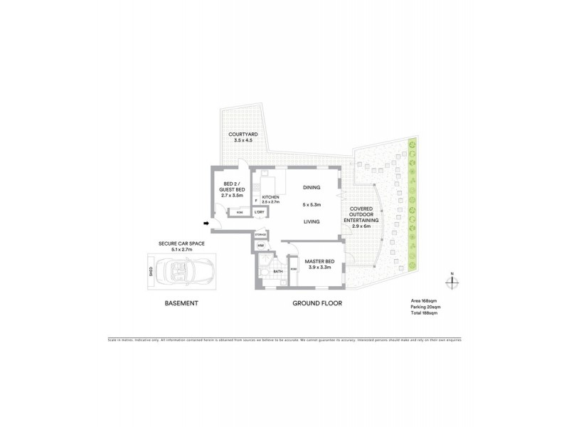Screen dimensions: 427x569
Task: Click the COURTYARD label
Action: pyautogui.click(x=243, y=135)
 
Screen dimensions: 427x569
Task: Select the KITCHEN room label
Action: pyautogui.click(x=271, y=196)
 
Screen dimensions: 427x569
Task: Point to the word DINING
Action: pyautogui.click(x=312, y=187)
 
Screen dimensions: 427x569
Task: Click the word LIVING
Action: pyautogui.click(x=312, y=221)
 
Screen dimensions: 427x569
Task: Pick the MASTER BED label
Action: pyautogui.click(x=319, y=261)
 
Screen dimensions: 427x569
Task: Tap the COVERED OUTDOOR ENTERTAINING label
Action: pyautogui.click(x=363, y=216)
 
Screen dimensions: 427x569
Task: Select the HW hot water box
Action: pyautogui.click(x=261, y=246)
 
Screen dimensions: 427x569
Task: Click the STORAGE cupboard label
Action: pyautogui.click(x=260, y=235)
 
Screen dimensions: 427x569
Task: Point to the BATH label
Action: pyautogui.click(x=277, y=271)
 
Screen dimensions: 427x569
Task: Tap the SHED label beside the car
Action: pyautogui.click(x=150, y=271)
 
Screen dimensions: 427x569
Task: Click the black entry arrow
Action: pyautogui.click(x=206, y=225)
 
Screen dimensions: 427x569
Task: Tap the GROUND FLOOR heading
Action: pyautogui.click(x=318, y=303)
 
